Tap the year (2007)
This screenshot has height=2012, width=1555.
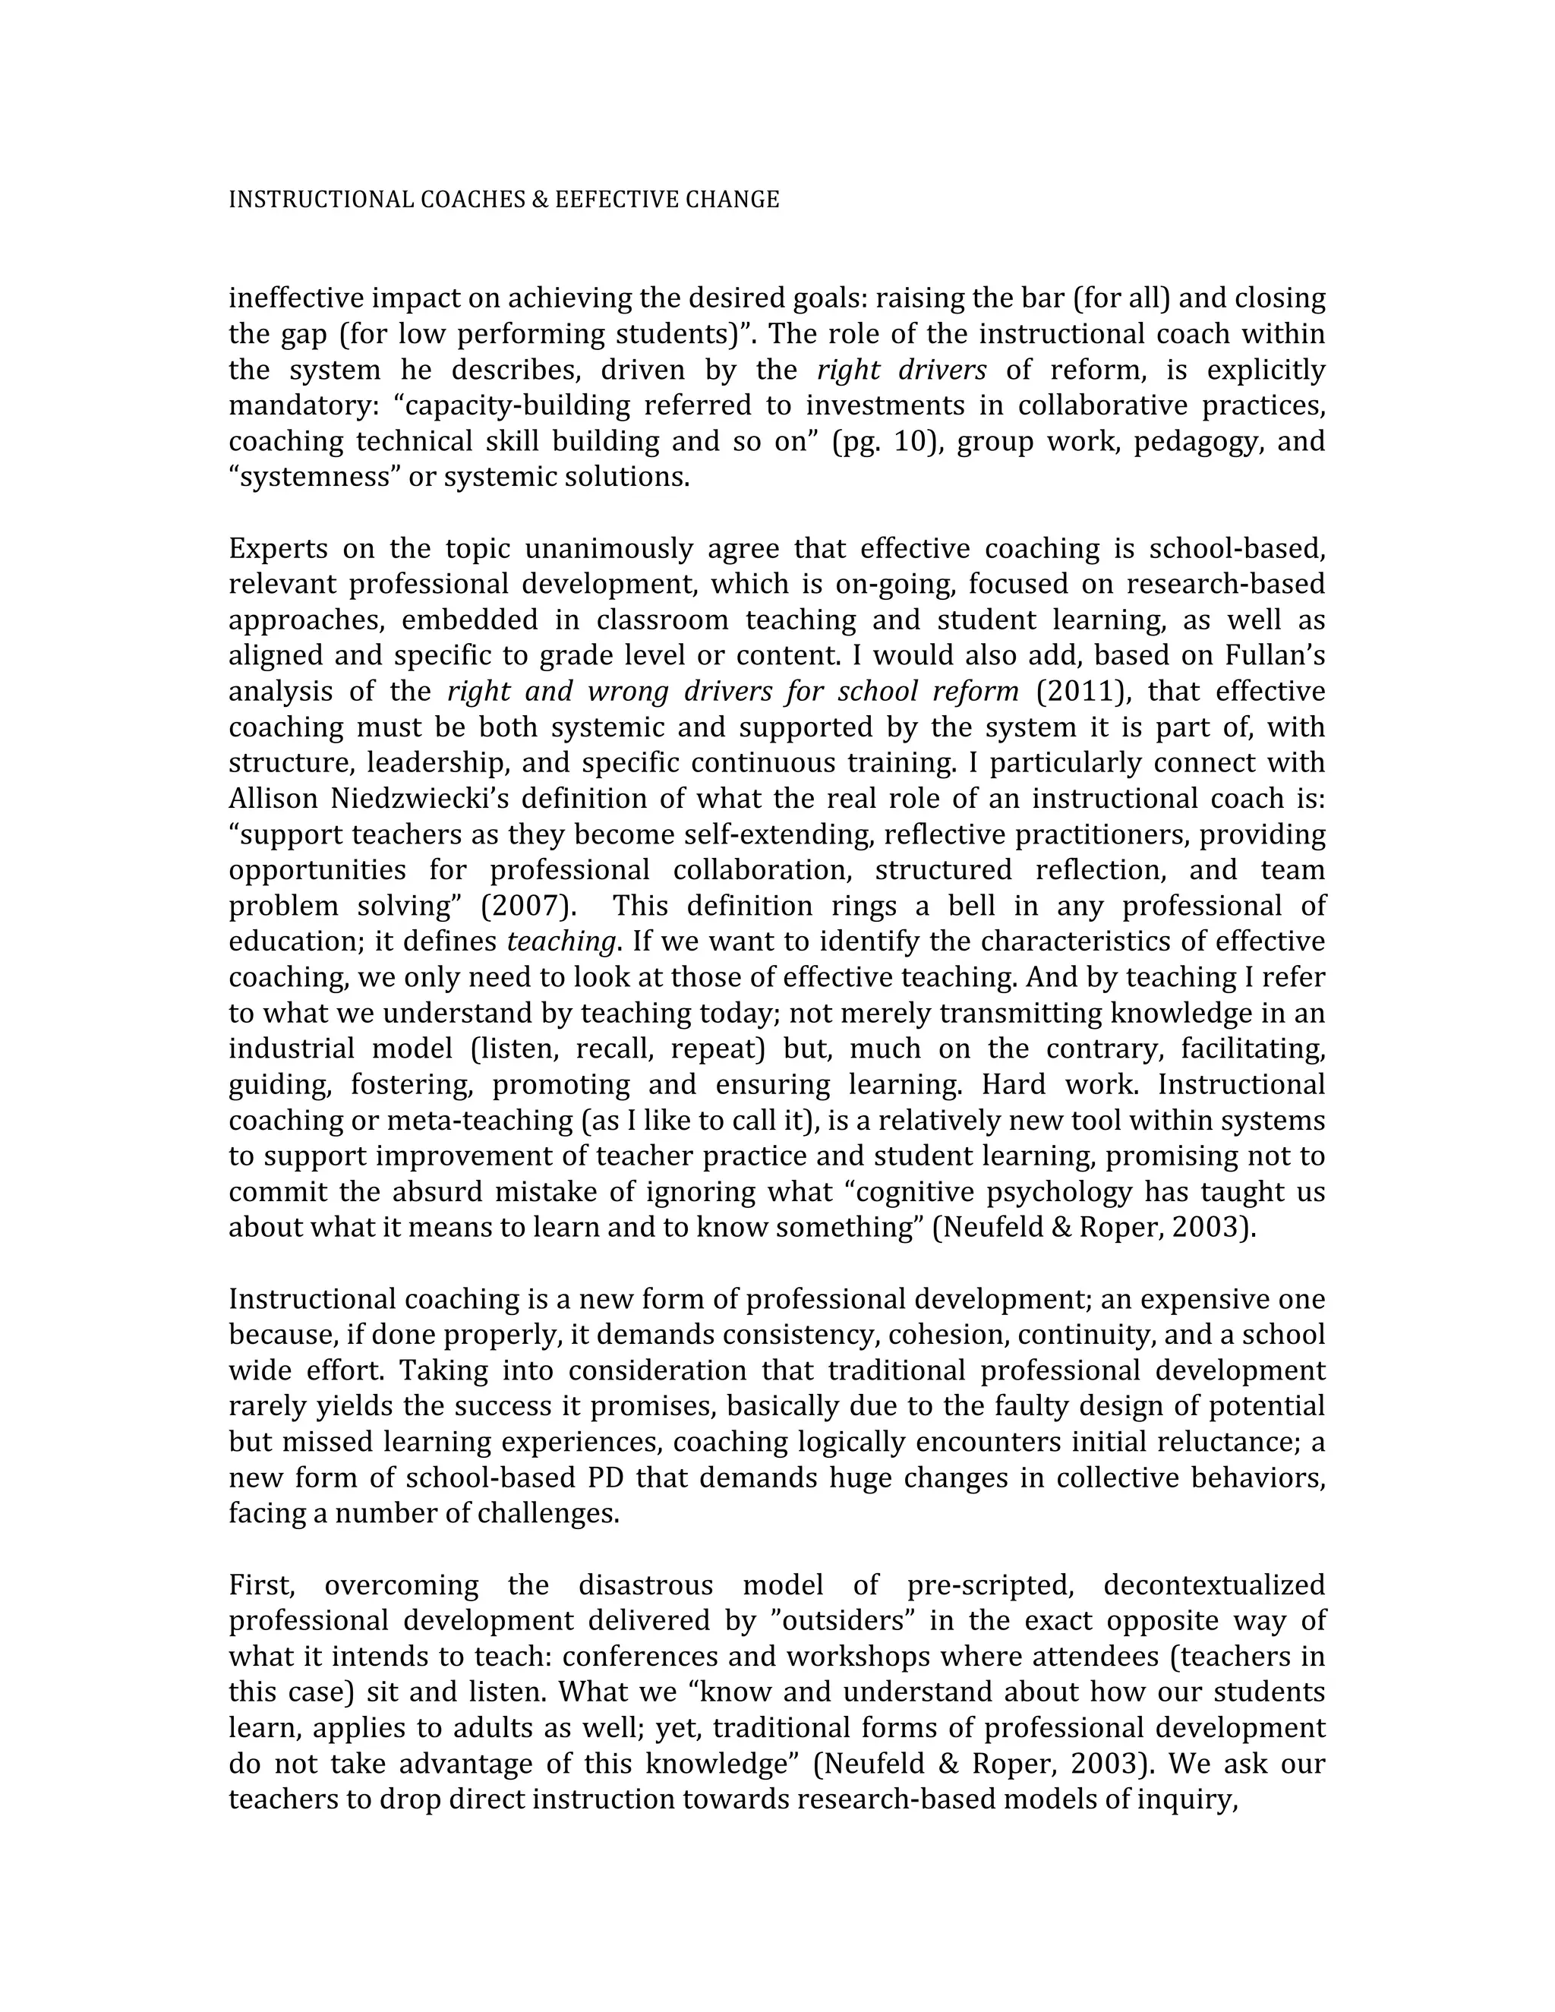(528, 906)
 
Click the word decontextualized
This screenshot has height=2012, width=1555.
(1213, 1585)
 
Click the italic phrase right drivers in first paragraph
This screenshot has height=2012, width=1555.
(901, 371)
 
